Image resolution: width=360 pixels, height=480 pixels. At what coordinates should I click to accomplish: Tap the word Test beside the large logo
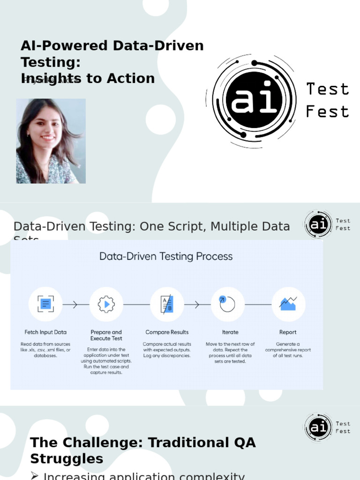pos(327,89)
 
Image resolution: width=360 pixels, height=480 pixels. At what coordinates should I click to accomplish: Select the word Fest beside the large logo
pos(327,112)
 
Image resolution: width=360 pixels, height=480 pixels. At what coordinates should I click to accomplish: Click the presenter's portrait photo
pos(51,141)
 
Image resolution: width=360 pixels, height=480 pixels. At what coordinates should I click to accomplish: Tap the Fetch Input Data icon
pos(45,304)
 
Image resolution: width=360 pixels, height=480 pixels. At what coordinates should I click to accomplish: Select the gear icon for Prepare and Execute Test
pos(106,304)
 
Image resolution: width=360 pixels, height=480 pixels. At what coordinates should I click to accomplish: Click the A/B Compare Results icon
pos(167,304)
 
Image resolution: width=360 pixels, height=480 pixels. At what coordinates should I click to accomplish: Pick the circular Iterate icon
pos(228,304)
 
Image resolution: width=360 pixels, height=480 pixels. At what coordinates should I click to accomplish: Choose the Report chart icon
pos(288,304)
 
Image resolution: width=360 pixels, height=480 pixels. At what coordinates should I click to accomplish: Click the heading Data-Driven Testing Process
pos(166,256)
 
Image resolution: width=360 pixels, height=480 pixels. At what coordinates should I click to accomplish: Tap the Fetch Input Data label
pos(45,332)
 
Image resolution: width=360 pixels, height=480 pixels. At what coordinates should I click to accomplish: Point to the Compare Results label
pos(167,332)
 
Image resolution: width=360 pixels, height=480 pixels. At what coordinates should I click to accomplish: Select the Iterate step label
pos(230,332)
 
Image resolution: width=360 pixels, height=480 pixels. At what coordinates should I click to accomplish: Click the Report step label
pos(288,332)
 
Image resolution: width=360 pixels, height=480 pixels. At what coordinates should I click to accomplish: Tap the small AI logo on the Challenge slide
pos(318,427)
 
